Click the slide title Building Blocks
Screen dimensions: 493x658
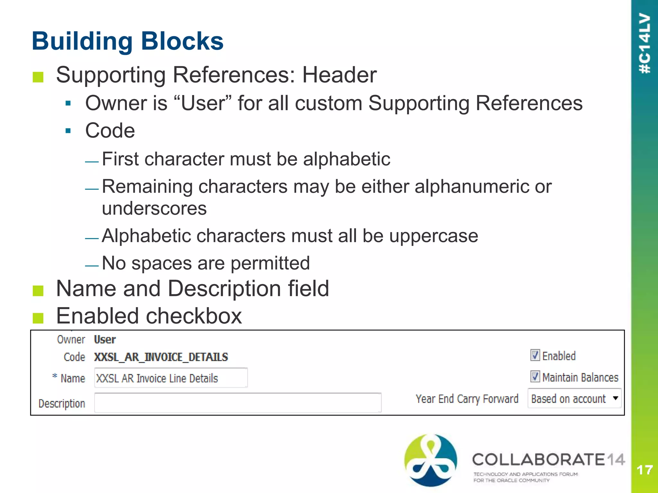[x=128, y=41]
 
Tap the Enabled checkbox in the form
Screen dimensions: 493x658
[x=535, y=355]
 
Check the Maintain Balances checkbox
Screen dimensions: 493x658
[x=535, y=376]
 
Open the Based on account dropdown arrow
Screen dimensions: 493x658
[x=615, y=398]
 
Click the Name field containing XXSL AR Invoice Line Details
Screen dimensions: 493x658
[x=171, y=378]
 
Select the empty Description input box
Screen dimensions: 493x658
[x=238, y=403]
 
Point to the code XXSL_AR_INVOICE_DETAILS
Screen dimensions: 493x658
[x=161, y=357]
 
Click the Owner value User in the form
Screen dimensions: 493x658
[x=105, y=340]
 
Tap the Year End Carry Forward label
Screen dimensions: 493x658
[x=467, y=399]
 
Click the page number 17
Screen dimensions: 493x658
[x=645, y=470]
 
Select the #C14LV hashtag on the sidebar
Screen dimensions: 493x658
[x=645, y=43]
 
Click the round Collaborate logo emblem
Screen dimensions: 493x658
[x=430, y=460]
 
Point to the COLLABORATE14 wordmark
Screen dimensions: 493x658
[x=548, y=460]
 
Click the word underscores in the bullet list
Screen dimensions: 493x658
[x=154, y=209]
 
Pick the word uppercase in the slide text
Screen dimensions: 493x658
[x=433, y=236]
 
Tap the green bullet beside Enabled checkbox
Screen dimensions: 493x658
[x=38, y=318]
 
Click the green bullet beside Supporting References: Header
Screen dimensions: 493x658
[x=38, y=77]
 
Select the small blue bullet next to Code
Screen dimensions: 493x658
[x=68, y=131]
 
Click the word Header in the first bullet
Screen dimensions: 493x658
[x=339, y=75]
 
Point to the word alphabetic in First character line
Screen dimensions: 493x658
[x=346, y=159]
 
